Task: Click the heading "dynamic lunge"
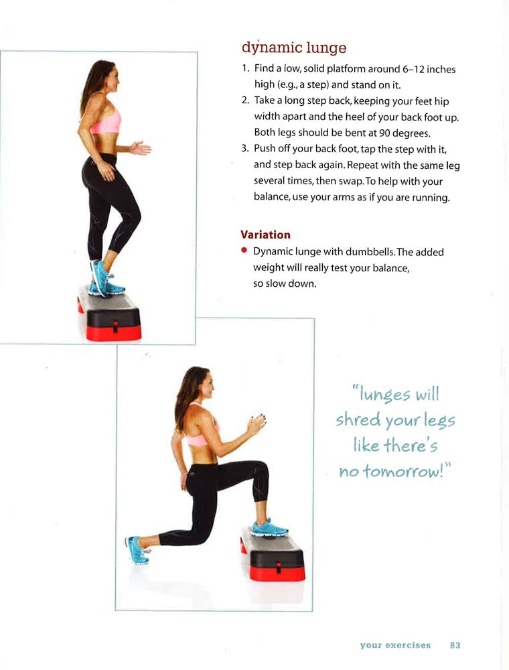pos(294,48)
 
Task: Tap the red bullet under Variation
pos(244,251)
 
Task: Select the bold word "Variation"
pos(265,234)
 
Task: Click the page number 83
pos(455,645)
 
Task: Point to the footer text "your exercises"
pos(395,645)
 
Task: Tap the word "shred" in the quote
pos(358,419)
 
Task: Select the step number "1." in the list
pos(245,68)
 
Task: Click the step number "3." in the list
pos(244,149)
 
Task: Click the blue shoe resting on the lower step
pos(269,528)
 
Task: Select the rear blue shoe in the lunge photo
pos(137,550)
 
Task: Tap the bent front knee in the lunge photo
pos(261,470)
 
